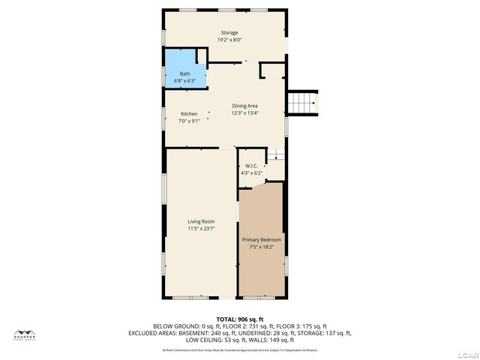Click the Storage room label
tap(229, 33)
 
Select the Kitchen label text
tap(189, 114)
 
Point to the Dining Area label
tap(244, 106)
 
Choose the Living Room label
tap(201, 221)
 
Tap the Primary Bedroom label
tap(261, 240)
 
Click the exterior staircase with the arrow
tap(303, 103)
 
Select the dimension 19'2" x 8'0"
tap(229, 40)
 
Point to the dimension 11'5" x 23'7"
tap(201, 229)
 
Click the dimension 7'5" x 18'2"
tap(261, 247)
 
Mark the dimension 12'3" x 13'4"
tap(244, 113)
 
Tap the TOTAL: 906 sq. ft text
tap(239, 319)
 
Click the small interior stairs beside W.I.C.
tap(277, 154)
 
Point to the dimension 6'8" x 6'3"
tap(184, 80)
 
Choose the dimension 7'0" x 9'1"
tap(189, 121)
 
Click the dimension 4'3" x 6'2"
tap(250, 172)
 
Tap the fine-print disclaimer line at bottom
tap(239, 349)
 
